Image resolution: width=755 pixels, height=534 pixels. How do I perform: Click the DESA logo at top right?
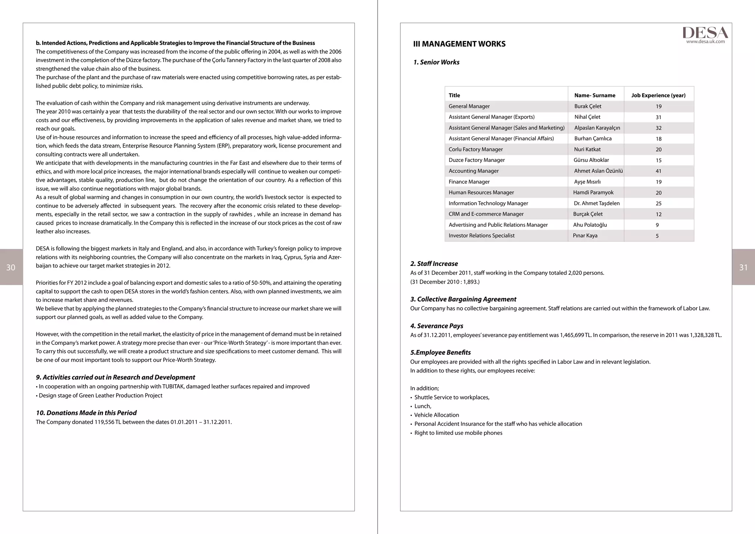pos(705,32)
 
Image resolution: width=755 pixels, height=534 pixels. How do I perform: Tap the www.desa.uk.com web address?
pos(705,42)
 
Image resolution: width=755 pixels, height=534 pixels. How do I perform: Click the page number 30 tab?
pos(11,267)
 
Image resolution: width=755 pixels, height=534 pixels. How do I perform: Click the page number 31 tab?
pos(743,267)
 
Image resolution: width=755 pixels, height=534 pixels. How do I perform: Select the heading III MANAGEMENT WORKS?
pos(459,44)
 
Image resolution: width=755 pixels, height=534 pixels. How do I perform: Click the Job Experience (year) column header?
pos(658,96)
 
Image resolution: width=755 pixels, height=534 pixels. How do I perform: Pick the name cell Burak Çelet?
pos(588,106)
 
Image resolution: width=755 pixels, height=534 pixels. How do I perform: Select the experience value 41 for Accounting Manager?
pos(658,171)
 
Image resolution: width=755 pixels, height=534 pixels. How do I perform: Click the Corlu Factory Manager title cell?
pos(476,149)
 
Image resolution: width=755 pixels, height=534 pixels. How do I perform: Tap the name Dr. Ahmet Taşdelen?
pos(596,203)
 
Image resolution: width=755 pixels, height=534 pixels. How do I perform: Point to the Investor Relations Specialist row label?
pos(481,236)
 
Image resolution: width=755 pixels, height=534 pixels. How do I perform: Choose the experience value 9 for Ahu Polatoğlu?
pos(657,225)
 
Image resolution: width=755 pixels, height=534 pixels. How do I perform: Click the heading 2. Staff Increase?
pos(434,264)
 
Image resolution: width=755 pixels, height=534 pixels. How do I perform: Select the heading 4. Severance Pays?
pos(436,326)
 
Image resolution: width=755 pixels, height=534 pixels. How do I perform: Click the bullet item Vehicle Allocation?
pos(436,415)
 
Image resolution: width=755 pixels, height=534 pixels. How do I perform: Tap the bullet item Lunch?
pos(422,406)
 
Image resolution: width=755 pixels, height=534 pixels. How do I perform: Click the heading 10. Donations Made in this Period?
pos(86,413)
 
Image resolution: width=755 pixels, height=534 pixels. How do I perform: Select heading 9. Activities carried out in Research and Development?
pos(115,377)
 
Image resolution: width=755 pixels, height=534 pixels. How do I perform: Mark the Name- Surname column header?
pos(595,96)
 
